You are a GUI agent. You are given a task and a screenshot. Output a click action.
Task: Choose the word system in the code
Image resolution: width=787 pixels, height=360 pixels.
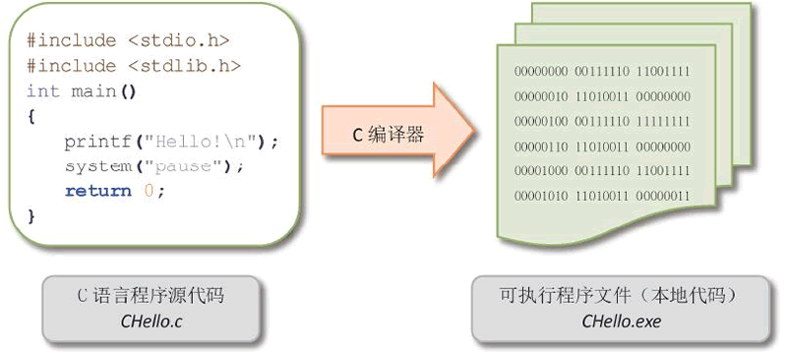[x=97, y=165]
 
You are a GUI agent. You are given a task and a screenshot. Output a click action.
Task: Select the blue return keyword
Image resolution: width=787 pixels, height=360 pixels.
[x=97, y=190]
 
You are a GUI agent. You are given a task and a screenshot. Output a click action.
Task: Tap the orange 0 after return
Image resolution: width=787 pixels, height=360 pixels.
[x=149, y=190]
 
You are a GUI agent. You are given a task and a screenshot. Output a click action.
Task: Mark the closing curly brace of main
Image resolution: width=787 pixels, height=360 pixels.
[x=31, y=214]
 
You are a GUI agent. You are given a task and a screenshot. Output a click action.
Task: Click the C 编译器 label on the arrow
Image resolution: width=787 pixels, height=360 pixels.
[x=388, y=135]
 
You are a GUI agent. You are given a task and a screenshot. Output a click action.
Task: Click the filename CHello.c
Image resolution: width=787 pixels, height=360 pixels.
[x=150, y=320]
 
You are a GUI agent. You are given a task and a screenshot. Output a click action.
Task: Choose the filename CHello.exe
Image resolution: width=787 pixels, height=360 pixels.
[x=621, y=321]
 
